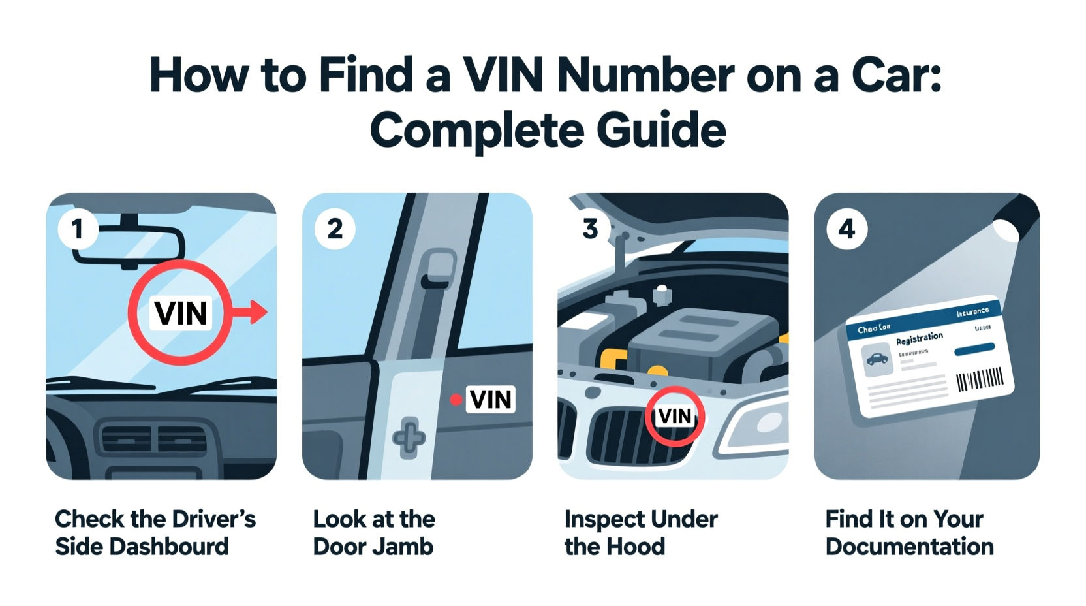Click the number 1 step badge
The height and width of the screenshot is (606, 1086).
tap(78, 229)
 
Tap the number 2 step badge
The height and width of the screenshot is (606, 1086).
tap(335, 229)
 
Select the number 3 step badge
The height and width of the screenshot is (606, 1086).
tap(591, 229)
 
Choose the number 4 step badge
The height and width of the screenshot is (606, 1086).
tap(846, 229)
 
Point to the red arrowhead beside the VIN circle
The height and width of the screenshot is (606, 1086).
tap(259, 312)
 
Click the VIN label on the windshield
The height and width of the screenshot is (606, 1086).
tap(181, 313)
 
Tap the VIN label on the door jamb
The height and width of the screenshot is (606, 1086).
tap(491, 399)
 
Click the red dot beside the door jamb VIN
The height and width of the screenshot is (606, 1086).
tap(456, 399)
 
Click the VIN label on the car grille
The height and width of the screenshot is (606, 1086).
tap(674, 416)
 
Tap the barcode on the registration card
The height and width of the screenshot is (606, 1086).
tap(979, 379)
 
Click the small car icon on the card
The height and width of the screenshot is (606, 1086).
tap(877, 359)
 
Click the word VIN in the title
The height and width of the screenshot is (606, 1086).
tap(503, 75)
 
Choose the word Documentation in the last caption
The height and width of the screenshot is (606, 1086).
tap(909, 547)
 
